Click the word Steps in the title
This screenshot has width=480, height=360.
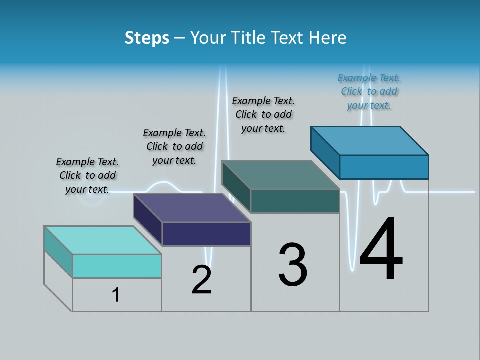[x=147, y=38]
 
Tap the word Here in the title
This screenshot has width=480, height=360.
[x=328, y=38]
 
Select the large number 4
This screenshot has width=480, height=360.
[x=381, y=250]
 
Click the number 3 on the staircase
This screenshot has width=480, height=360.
[x=293, y=265]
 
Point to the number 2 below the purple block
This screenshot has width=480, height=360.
[x=201, y=280]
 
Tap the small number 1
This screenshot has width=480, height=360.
[x=116, y=295]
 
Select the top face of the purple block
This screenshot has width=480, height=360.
[x=192, y=208]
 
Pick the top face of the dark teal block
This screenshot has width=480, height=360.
[x=281, y=175]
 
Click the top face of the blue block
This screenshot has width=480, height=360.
[x=370, y=141]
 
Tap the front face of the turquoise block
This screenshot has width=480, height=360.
[x=117, y=266]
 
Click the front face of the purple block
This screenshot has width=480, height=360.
[x=206, y=234]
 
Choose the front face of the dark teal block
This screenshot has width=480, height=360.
[x=295, y=201]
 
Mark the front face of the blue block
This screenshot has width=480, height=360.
[x=384, y=167]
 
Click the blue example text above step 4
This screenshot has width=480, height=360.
[x=369, y=91]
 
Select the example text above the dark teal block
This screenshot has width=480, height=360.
[x=263, y=114]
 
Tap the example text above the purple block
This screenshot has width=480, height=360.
[x=174, y=146]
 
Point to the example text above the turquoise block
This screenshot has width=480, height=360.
[x=87, y=175]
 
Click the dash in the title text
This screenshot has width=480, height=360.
[x=180, y=38]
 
